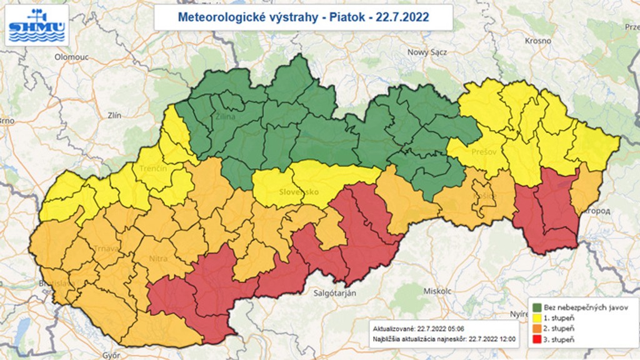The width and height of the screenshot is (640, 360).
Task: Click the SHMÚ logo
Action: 37,25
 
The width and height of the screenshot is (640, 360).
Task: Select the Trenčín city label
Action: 153,169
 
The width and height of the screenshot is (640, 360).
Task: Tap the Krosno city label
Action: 537,40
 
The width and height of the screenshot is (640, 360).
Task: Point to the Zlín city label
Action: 114,115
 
